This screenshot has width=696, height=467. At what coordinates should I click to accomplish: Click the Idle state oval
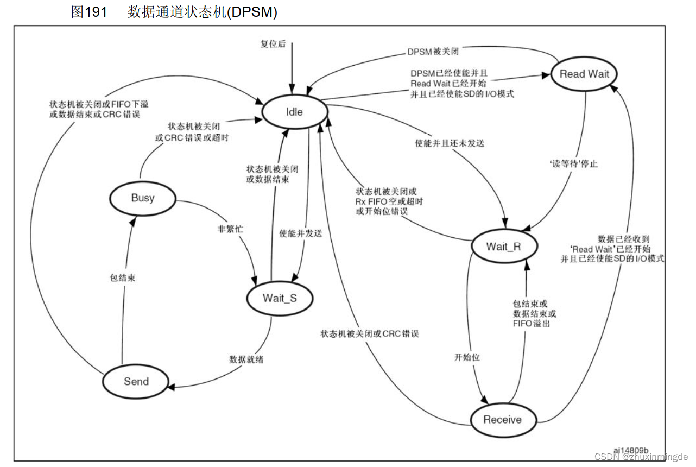tap(294, 112)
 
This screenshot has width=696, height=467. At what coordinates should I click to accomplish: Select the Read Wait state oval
tap(584, 74)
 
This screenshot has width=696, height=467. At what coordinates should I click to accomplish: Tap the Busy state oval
tap(142, 198)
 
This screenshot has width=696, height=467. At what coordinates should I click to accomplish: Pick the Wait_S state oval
tap(280, 298)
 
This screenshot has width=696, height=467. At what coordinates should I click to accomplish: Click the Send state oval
tap(136, 381)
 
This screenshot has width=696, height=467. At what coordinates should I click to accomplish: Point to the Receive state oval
tap(502, 420)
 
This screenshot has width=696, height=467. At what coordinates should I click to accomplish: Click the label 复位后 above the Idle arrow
tap(273, 45)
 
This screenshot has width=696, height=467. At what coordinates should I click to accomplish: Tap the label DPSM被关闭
tap(433, 52)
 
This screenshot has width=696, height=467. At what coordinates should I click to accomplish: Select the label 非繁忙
tap(230, 229)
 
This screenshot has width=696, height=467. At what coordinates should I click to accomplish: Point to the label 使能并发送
tap(300, 233)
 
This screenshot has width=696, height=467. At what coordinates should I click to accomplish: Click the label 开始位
tap(467, 357)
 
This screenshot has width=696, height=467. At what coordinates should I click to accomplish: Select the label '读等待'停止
tap(574, 163)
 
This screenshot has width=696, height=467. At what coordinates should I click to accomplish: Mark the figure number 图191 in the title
tap(90, 12)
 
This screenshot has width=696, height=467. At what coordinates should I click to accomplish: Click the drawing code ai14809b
tap(630, 450)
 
